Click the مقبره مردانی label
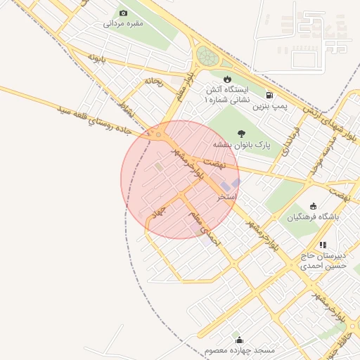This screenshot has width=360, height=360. [124, 23]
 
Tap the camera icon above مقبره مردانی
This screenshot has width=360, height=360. [124, 13]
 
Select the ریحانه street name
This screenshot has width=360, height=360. [153, 82]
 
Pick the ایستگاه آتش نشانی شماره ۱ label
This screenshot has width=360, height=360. [226, 95]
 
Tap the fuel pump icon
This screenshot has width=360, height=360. [269, 95]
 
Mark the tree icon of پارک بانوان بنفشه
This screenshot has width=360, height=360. [242, 133]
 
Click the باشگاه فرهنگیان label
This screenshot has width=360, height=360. [313, 217]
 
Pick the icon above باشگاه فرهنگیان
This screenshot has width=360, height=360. [313, 206]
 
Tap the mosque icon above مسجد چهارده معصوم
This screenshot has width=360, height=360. [239, 340]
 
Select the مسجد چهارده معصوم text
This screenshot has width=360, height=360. [239, 350]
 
